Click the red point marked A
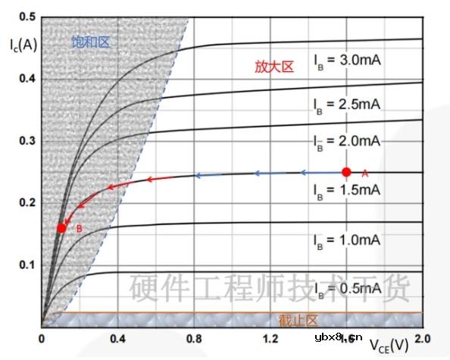(347, 172)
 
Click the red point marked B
(62, 227)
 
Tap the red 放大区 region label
(273, 67)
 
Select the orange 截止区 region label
(278, 320)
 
